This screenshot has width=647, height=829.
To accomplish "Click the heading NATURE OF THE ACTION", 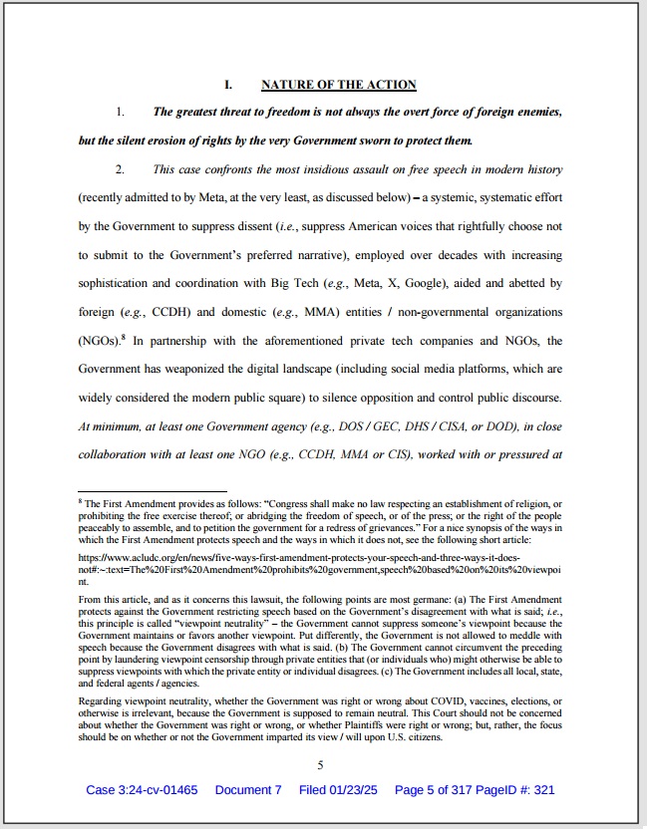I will pyautogui.click(x=338, y=85).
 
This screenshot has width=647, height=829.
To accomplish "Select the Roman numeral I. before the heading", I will pyautogui.click(x=228, y=85).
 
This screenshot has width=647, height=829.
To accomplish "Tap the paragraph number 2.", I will pyautogui.click(x=120, y=169).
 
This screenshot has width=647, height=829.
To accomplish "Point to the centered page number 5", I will pyautogui.click(x=321, y=765).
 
